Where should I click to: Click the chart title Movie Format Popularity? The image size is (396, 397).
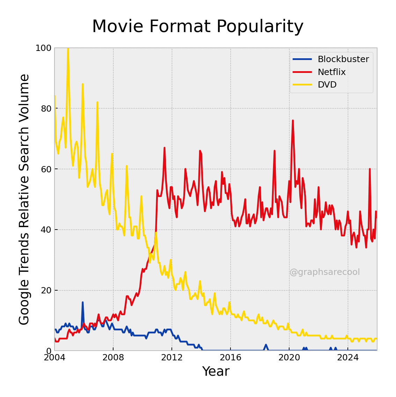click(x=198, y=27)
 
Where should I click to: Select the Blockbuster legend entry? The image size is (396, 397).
click(x=343, y=59)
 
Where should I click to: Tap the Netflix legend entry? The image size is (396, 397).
click(x=331, y=72)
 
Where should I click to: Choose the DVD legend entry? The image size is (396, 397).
click(x=327, y=85)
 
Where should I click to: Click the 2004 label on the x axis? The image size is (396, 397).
click(x=54, y=358)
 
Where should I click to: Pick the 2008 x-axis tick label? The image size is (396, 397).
click(x=113, y=358)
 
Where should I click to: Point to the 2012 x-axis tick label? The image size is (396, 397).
click(x=172, y=358)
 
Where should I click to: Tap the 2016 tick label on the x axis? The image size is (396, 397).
click(x=230, y=358)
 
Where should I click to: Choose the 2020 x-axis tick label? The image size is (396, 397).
click(x=289, y=358)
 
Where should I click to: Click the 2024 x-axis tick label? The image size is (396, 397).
click(x=348, y=358)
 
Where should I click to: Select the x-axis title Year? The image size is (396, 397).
click(x=216, y=372)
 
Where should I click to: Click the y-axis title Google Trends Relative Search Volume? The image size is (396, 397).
click(x=24, y=199)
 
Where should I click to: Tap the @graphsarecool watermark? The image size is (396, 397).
click(x=324, y=272)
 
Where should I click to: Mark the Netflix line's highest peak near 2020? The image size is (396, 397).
click(x=293, y=120)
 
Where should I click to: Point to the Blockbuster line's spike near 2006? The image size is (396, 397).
click(x=83, y=302)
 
